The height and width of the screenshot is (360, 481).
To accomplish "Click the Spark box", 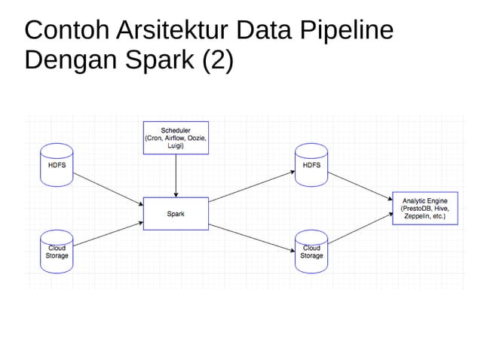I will click(x=176, y=214).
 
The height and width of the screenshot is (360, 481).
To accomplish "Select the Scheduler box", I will click(x=176, y=139).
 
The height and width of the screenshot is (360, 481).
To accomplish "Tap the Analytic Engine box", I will click(x=424, y=209).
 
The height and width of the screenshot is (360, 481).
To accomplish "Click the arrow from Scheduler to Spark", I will click(x=176, y=176).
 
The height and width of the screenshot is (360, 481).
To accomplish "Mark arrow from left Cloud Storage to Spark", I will click(x=109, y=235).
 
